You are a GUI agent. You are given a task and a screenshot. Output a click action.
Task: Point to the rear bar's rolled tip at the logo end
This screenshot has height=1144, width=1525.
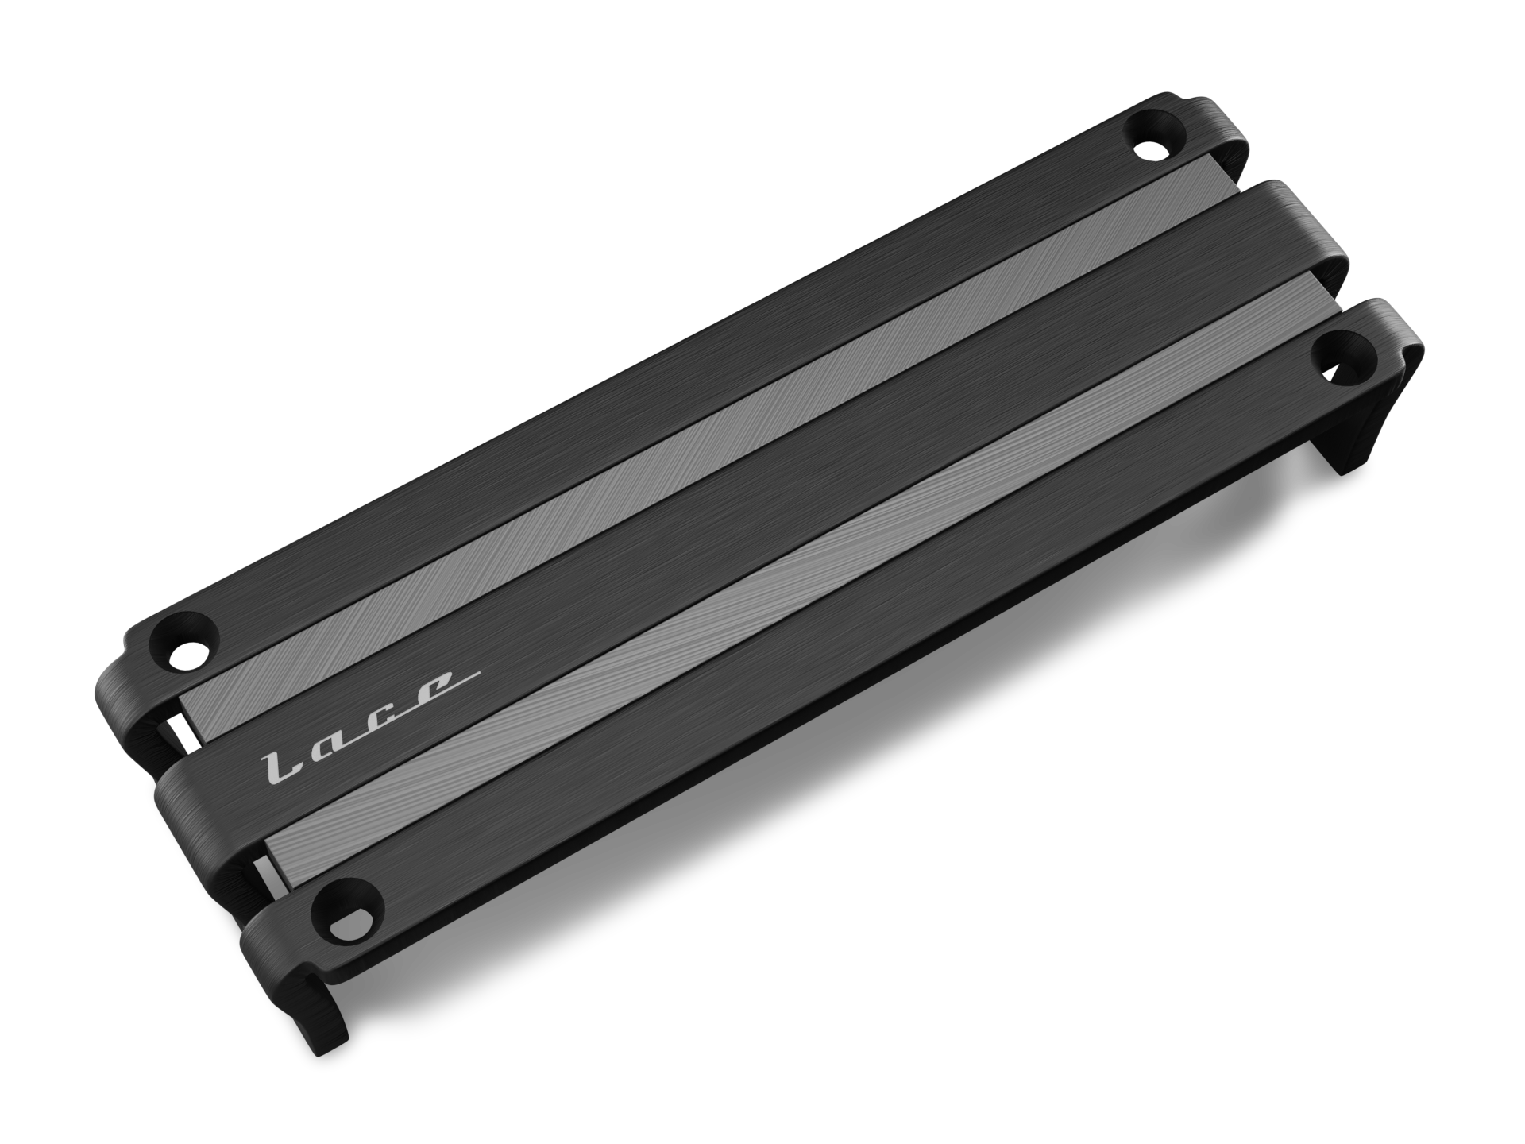pos(111,675)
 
